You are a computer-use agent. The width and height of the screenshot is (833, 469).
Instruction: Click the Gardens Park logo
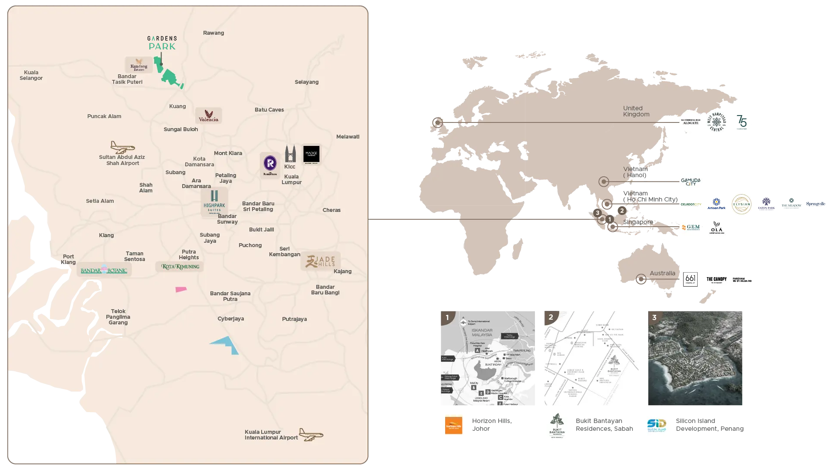(162, 43)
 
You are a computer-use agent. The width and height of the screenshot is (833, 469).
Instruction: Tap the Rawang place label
(213, 33)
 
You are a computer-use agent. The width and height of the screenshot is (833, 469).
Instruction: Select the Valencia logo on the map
(208, 116)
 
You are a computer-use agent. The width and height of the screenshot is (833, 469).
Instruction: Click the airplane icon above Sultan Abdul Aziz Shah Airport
(122, 147)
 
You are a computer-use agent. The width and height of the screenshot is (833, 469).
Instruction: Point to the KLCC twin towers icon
(290, 154)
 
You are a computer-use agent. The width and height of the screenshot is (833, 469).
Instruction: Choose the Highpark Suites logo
(214, 202)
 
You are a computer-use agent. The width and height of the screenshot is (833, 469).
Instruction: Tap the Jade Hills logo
(321, 261)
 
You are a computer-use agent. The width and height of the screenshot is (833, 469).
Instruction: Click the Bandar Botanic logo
(104, 270)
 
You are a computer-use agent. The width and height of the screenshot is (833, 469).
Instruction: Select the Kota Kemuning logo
(180, 266)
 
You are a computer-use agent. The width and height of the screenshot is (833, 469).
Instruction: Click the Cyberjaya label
(230, 319)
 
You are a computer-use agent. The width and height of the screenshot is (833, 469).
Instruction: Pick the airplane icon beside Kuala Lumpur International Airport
(311, 434)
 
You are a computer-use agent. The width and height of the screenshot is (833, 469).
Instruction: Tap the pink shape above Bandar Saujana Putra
(181, 289)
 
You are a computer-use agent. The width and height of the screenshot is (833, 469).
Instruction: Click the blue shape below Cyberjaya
(226, 344)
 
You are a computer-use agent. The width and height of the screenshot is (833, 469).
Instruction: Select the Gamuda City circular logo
(690, 181)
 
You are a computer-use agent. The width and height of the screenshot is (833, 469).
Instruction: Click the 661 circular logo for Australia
(690, 279)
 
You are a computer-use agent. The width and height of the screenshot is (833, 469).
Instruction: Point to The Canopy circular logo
(716, 279)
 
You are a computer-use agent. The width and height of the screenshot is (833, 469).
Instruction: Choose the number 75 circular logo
(741, 122)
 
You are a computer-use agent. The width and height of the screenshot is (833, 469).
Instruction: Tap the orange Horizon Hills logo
(453, 426)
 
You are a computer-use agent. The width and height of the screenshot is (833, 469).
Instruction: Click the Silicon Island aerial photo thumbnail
(695, 358)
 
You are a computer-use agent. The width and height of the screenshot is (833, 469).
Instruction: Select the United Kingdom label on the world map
(636, 111)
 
